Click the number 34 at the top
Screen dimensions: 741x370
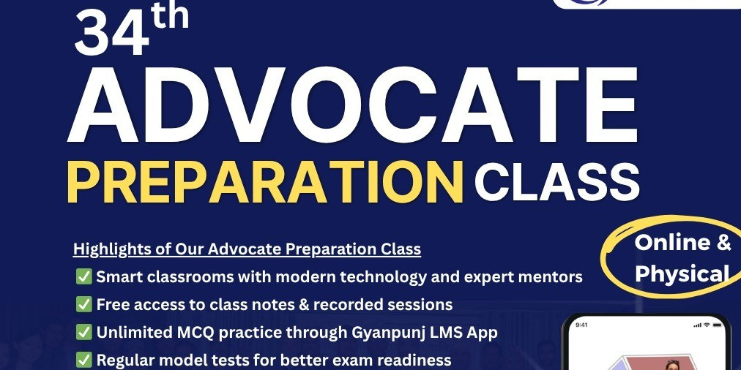111,34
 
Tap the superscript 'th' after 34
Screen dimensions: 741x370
170,16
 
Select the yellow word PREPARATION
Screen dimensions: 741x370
265,182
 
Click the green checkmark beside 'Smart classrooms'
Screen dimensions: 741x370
83,277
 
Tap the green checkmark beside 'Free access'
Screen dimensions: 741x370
83,305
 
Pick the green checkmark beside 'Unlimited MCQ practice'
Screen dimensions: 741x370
83,333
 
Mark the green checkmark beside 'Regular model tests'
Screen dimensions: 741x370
83,360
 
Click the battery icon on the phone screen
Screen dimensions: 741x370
718,325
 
